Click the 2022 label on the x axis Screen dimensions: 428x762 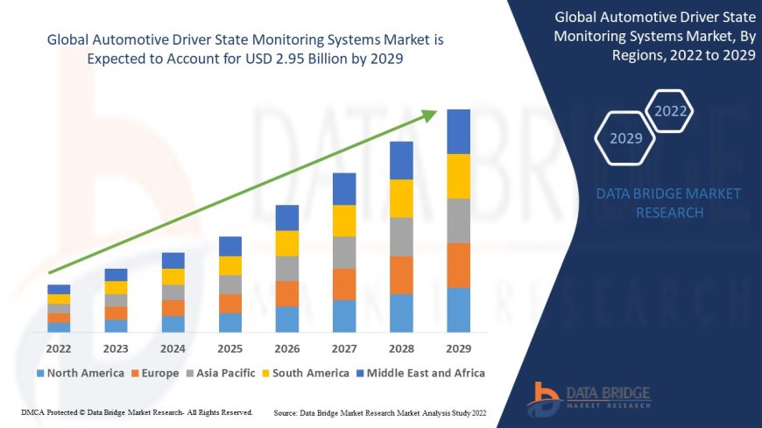(59, 347)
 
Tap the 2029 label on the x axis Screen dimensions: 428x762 (458, 347)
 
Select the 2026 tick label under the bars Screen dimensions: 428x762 (287, 347)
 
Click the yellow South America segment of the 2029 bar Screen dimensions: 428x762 (458, 176)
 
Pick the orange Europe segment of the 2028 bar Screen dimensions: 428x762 (401, 275)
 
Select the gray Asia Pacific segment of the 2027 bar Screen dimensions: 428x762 (344, 252)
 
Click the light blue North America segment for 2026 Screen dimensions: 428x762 (287, 319)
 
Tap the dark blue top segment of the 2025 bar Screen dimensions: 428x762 (230, 246)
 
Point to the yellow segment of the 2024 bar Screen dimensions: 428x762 (173, 277)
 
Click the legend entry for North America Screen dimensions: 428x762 (80, 373)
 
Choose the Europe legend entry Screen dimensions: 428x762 (158, 373)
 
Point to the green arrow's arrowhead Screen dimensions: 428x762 (430, 114)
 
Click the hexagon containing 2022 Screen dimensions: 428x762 (671, 111)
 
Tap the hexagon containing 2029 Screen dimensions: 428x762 (625, 138)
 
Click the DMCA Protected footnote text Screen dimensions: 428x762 (136, 411)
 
